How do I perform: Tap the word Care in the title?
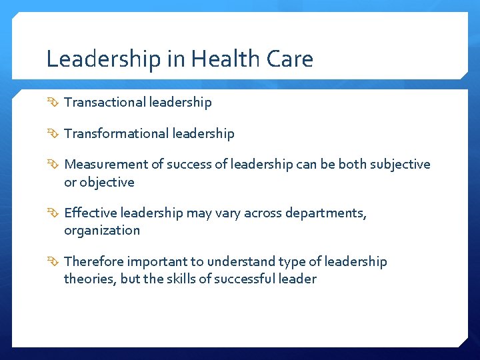coord(289,59)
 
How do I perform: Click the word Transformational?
coord(116,133)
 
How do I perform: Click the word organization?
coord(102,231)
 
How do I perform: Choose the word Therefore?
coord(93,261)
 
